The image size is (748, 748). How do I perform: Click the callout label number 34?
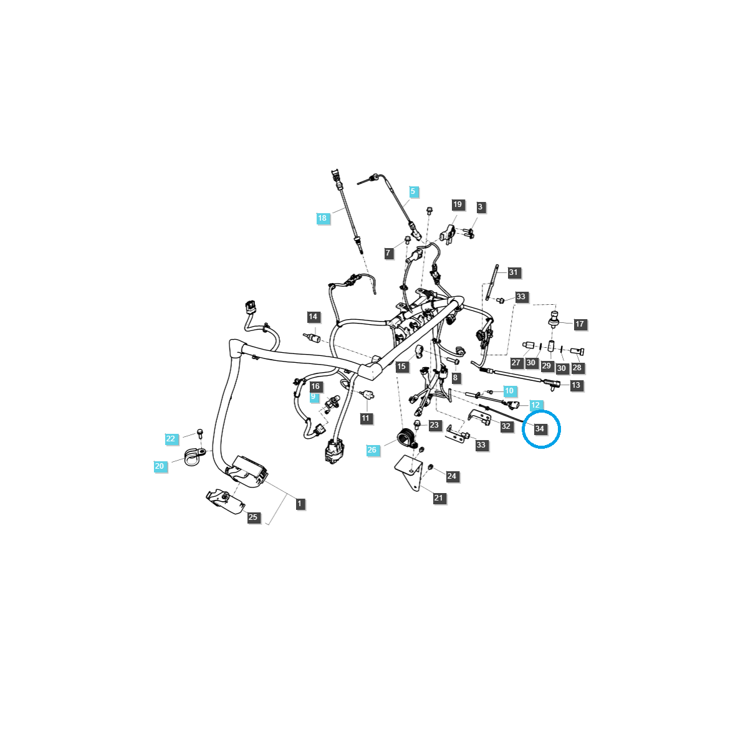pyautogui.click(x=540, y=429)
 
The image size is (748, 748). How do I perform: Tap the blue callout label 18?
pyautogui.click(x=322, y=218)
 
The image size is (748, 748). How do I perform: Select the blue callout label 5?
pyautogui.click(x=412, y=192)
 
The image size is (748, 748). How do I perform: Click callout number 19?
pyautogui.click(x=458, y=205)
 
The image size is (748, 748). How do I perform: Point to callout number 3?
pyautogui.click(x=480, y=207)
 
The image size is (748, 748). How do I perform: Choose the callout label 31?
pyautogui.click(x=513, y=272)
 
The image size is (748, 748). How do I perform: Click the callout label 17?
pyautogui.click(x=579, y=324)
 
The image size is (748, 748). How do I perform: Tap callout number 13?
pyautogui.click(x=575, y=385)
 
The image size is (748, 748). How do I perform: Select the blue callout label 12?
pyautogui.click(x=535, y=405)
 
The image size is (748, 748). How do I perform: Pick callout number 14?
pyautogui.click(x=313, y=317)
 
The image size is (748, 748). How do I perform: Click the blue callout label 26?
pyautogui.click(x=372, y=450)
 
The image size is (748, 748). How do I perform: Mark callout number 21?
pyautogui.click(x=439, y=498)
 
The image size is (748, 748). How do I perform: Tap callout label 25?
pyautogui.click(x=252, y=517)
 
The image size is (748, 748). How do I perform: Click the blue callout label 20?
pyautogui.click(x=160, y=466)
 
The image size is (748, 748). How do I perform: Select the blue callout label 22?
pyautogui.click(x=171, y=439)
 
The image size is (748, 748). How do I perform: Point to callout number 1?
pyautogui.click(x=300, y=504)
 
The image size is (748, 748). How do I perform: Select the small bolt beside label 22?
pyautogui.click(x=200, y=432)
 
